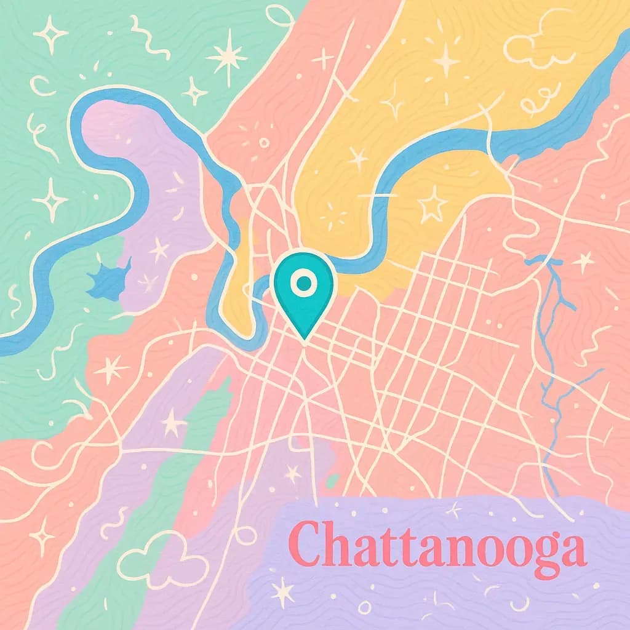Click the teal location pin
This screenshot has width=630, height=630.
click(304, 289)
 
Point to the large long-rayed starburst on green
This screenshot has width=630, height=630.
click(227, 57)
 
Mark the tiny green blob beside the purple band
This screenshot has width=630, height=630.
click(333, 480)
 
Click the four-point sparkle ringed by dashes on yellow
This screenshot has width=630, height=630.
click(336, 212)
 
